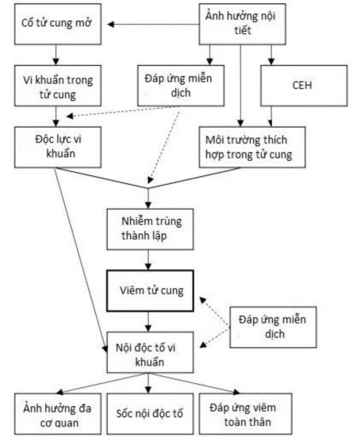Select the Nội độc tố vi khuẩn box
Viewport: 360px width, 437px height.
pos(147,354)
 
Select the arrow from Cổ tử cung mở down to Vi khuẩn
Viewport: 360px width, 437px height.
pos(55,56)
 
